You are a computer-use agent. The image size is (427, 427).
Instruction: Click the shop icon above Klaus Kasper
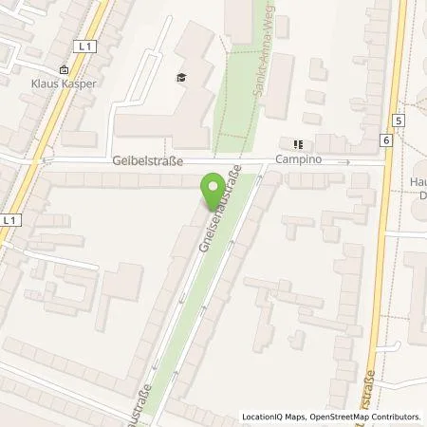[x=63, y=69]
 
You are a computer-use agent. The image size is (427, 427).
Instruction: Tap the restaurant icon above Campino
[x=296, y=145]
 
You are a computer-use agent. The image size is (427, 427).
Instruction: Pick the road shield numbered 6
[x=386, y=139]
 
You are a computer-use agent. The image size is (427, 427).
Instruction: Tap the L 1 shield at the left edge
[x=9, y=220]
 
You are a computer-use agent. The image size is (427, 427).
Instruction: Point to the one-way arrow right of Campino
[x=347, y=162]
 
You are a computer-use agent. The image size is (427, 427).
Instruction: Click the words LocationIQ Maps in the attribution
[x=272, y=417]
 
